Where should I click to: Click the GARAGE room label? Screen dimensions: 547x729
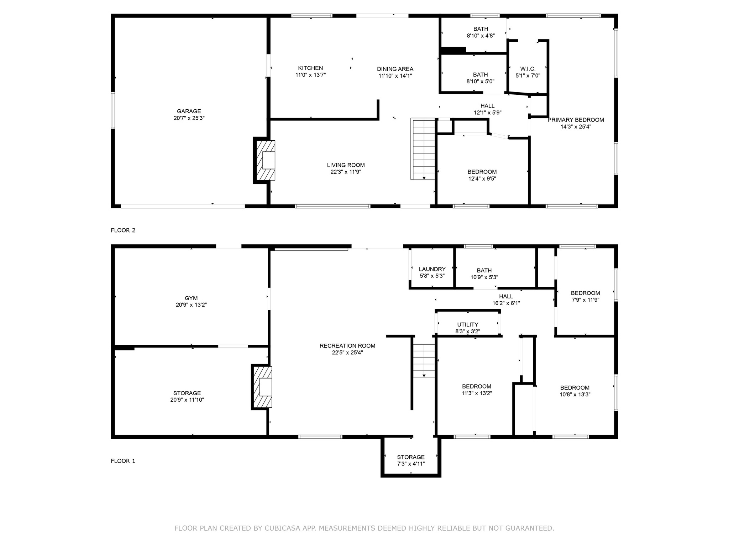coord(189,111)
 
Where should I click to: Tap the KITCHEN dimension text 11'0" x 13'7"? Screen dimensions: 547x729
coord(310,75)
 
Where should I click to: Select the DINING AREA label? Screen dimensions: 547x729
coord(395,69)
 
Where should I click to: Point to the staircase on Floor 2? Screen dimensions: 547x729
coord(424,149)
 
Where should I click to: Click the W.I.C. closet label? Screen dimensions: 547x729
coord(528,69)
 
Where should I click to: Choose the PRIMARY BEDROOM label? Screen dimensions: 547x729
coord(576,120)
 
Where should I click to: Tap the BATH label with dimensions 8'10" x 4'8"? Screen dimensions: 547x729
coord(481,29)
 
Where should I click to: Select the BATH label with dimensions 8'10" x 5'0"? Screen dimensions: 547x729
coord(480,75)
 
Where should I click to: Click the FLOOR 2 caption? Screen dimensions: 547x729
coord(123,230)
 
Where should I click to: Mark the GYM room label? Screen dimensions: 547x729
coord(191,298)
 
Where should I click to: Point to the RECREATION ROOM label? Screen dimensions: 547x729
coord(347,346)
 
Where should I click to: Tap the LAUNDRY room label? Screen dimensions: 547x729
coord(432,269)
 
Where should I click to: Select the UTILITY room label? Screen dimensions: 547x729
coord(467,324)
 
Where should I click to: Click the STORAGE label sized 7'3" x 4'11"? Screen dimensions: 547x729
coord(411,457)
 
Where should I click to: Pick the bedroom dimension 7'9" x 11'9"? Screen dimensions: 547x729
coord(585,300)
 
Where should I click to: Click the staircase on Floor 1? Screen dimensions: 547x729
coord(424,360)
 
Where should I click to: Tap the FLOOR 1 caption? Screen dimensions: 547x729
coord(123,461)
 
